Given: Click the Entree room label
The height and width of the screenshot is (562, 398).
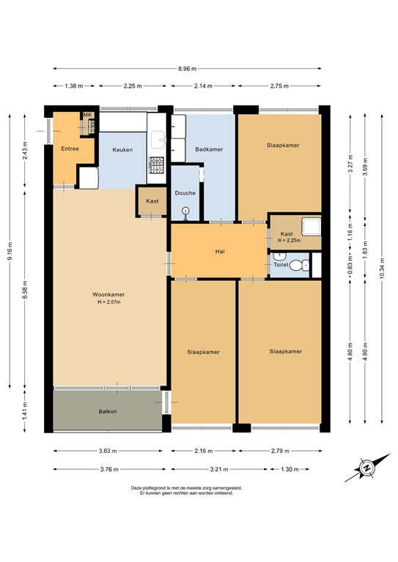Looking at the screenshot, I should pyautogui.click(x=70, y=149).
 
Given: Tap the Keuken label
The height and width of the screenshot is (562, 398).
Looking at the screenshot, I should pyautogui.click(x=122, y=150).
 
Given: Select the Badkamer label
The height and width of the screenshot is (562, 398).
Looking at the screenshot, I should pyautogui.click(x=209, y=150).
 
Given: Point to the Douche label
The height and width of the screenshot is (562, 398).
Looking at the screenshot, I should pyautogui.click(x=185, y=193).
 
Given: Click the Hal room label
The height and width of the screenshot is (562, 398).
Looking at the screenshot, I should pyautogui.click(x=219, y=251).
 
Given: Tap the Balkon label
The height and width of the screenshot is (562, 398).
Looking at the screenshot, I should pyautogui.click(x=108, y=411).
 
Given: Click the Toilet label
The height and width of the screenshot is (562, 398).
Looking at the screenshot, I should pyautogui.click(x=281, y=265).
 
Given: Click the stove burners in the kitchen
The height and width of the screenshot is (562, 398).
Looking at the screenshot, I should pyautogui.click(x=157, y=165).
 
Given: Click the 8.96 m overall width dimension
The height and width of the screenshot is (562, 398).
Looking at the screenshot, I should pyautogui.click(x=187, y=69).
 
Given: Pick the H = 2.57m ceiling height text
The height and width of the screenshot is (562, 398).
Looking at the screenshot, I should pyautogui.click(x=108, y=302).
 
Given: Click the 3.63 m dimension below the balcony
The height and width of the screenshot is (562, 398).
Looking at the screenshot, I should pyautogui.click(x=108, y=451).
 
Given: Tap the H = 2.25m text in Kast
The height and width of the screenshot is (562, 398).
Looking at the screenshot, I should pyautogui.click(x=290, y=240).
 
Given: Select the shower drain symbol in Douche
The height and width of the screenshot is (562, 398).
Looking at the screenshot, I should pyautogui.click(x=185, y=211).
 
